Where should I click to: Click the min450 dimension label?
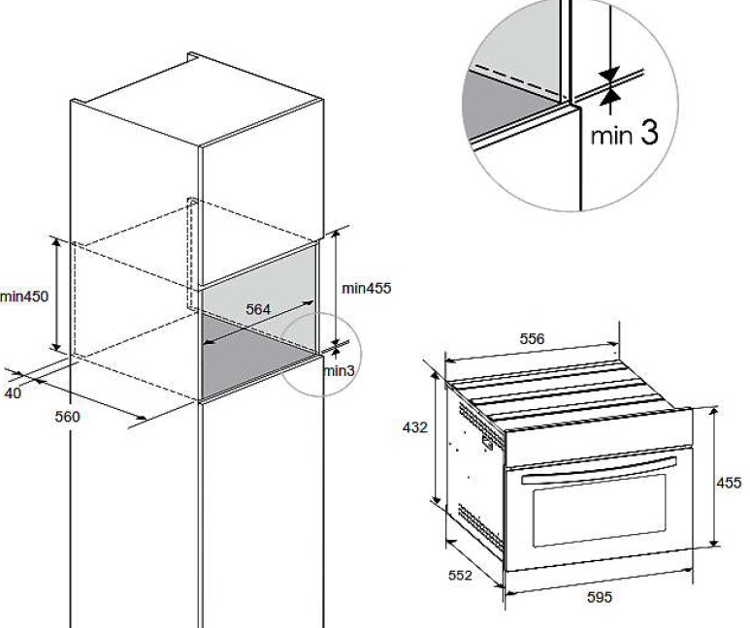(24, 297)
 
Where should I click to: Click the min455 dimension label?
(367, 288)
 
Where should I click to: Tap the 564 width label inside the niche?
(258, 309)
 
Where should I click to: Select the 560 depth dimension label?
(68, 417)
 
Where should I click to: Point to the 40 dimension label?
(13, 393)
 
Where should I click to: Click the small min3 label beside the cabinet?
(339, 371)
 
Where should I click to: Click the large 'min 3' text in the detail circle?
(624, 133)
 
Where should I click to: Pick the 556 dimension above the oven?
(532, 339)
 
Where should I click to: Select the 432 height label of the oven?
(414, 427)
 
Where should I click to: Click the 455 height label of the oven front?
(729, 483)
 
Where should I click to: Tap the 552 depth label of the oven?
(460, 576)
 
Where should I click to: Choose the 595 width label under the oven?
(600, 597)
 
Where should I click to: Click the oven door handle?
(600, 470)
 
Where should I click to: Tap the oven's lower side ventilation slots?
(479, 522)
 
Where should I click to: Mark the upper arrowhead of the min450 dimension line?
(56, 242)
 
